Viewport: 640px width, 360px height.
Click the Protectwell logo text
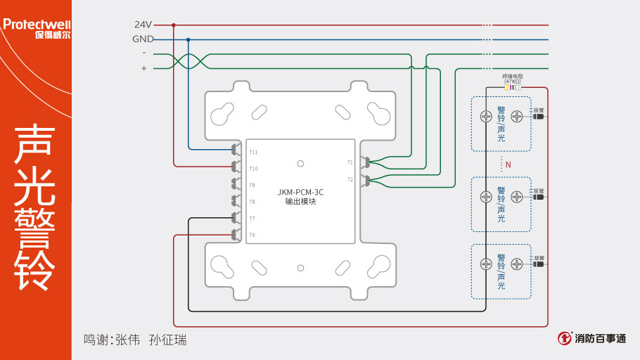36,25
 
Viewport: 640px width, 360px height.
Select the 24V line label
143,25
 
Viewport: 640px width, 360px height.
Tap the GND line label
143,39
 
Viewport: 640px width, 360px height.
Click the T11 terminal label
253,152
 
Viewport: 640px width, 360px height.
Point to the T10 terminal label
253,169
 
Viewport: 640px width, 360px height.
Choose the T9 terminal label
252,185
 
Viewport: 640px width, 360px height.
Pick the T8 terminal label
252,202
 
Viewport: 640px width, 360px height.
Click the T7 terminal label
252,219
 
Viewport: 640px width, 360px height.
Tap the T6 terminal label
252,235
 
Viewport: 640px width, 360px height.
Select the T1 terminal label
350,162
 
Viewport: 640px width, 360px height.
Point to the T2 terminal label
350,179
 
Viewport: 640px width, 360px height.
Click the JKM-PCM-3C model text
300,191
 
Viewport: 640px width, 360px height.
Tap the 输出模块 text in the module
300,202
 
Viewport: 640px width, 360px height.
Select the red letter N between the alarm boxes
508,165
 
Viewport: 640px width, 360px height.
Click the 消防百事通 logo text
600,338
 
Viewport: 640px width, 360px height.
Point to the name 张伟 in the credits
128,340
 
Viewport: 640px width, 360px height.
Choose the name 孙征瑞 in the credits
169,340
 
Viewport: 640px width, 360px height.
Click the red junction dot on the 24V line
174,25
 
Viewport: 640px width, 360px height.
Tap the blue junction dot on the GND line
188,39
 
